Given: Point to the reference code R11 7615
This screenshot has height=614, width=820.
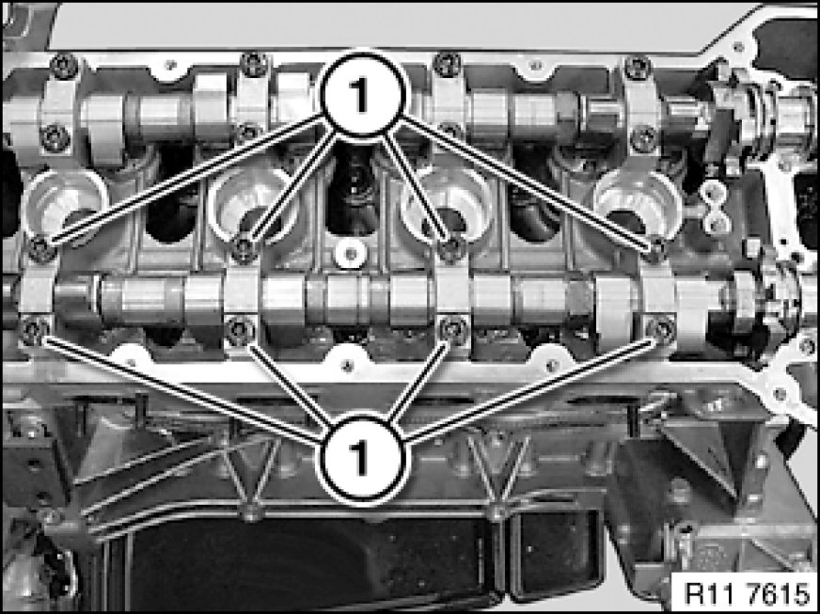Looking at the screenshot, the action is (x=748, y=593).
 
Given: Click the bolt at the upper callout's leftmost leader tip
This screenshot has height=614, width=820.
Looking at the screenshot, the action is (x=41, y=249).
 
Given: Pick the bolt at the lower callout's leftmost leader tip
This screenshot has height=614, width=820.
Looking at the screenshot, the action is (x=34, y=331).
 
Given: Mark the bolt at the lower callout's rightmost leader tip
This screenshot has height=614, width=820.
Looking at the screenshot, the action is (x=661, y=330).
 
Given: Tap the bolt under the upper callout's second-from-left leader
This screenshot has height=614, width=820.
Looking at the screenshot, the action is (x=244, y=249).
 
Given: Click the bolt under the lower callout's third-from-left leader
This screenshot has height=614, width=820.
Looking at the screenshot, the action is (x=453, y=329).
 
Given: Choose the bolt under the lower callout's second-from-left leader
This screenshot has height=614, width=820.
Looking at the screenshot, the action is (x=240, y=330).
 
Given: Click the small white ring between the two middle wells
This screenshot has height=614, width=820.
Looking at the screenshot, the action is (x=351, y=254).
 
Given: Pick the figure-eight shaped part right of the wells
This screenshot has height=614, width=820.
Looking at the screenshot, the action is (x=717, y=207).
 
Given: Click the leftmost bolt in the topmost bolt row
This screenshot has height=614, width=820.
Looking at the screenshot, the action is (x=64, y=67).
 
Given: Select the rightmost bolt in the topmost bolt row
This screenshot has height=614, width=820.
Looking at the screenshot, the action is (x=638, y=68).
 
